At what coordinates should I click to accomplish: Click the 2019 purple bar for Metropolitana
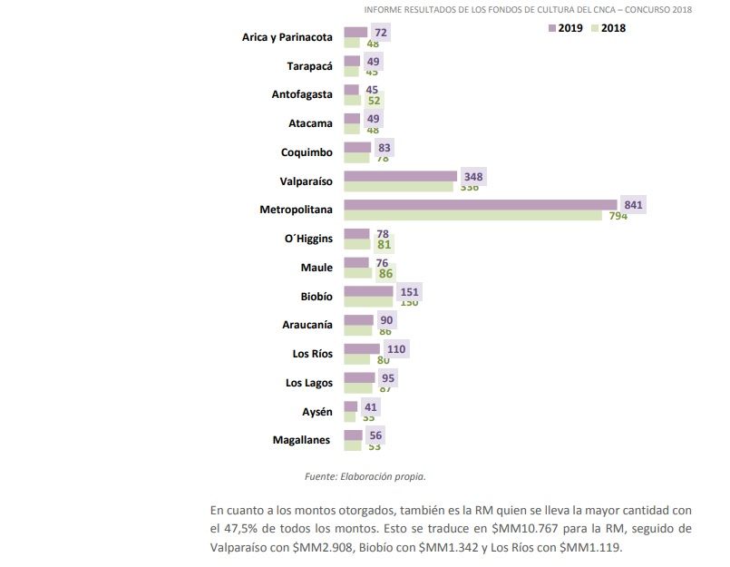click(481, 205)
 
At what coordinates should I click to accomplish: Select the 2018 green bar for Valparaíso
click(399, 187)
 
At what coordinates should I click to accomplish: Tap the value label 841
click(633, 205)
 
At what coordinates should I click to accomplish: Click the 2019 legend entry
click(565, 28)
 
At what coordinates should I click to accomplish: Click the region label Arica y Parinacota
click(287, 37)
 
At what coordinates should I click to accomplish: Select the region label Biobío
click(316, 296)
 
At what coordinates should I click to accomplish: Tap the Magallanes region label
click(302, 441)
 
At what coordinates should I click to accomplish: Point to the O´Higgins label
click(308, 239)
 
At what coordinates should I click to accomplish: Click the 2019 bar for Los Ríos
click(362, 349)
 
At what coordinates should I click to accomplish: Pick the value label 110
click(396, 349)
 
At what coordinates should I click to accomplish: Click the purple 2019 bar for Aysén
click(351, 407)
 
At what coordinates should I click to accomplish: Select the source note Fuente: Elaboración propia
click(365, 475)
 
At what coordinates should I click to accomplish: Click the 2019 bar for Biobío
click(369, 291)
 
